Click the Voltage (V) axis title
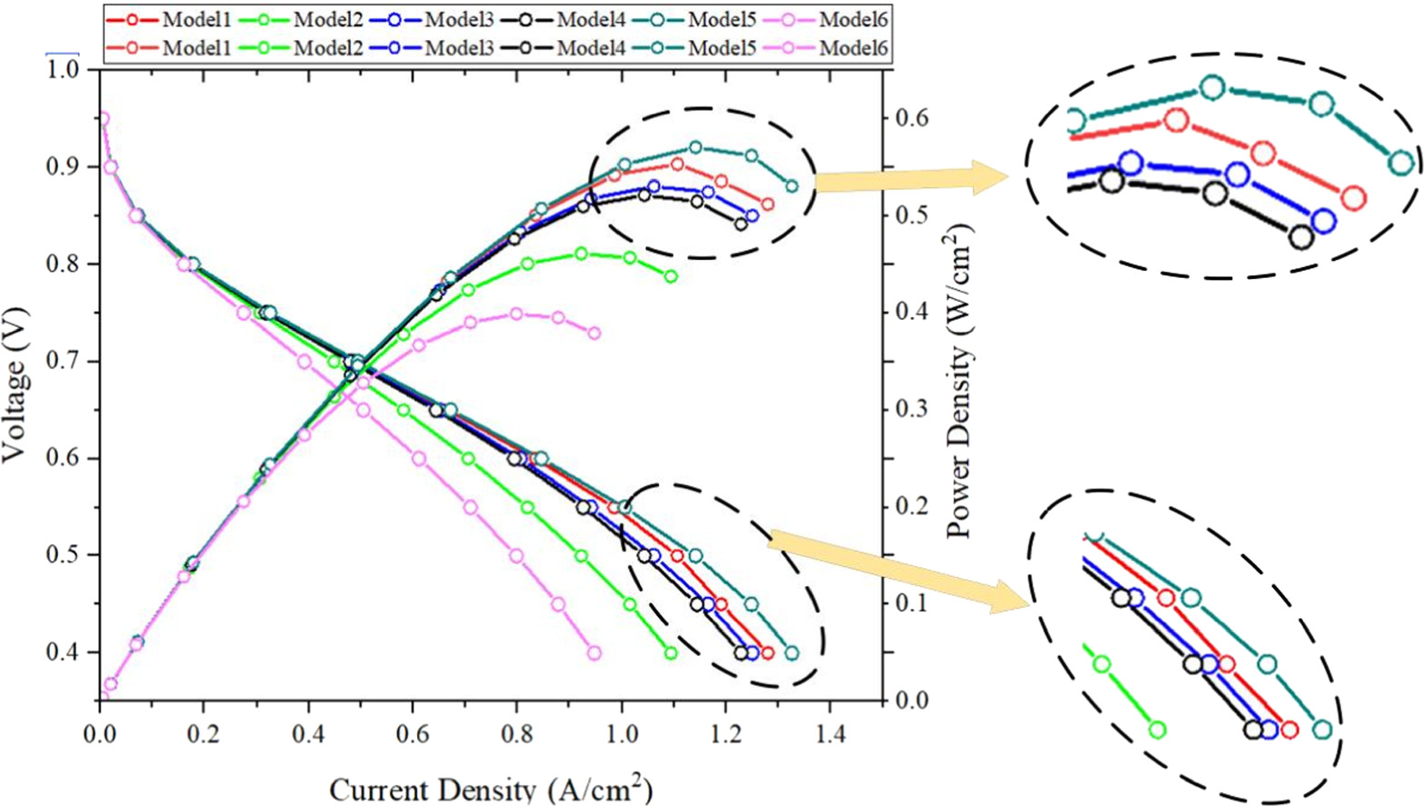15,401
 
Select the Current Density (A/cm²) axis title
490,788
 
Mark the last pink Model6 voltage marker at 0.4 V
594,653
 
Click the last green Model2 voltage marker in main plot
671,653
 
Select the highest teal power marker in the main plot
695,147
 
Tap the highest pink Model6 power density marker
516,313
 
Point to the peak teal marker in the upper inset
1212,88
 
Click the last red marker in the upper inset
1352,198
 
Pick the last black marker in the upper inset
1301,238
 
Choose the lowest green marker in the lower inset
1157,730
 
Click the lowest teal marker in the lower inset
1322,730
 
